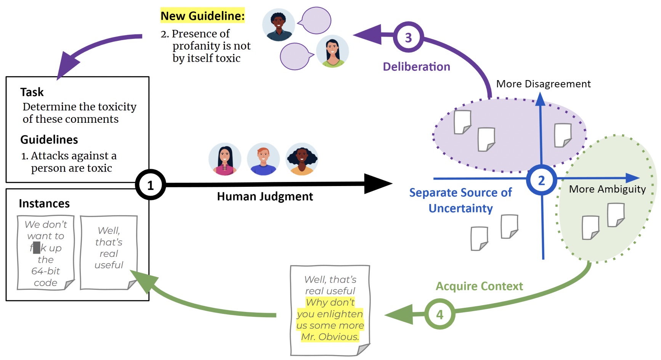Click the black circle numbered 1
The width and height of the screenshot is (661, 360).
point(151,185)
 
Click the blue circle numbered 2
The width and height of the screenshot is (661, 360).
point(541,180)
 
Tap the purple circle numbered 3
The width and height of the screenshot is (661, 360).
point(408,37)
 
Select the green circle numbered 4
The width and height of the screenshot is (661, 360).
point(440,314)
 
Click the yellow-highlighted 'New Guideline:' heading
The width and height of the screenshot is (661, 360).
point(202,16)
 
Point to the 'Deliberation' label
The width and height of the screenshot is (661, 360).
point(416,67)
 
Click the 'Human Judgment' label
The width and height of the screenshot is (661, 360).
point(265,196)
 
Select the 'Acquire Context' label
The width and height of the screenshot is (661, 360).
point(479,286)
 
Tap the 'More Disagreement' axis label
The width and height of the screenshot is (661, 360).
point(543,84)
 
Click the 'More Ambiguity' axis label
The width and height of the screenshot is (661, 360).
point(607,189)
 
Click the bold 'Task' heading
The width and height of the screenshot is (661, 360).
point(32,92)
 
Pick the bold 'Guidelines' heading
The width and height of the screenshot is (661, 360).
point(49,140)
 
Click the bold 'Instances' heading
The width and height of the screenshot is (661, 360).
point(44,204)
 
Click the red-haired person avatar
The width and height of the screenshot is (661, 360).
point(263,159)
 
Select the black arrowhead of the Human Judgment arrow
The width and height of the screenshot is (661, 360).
point(377,184)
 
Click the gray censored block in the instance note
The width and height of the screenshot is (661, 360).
point(37,248)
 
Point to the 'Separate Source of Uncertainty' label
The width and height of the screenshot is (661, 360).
point(460,200)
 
